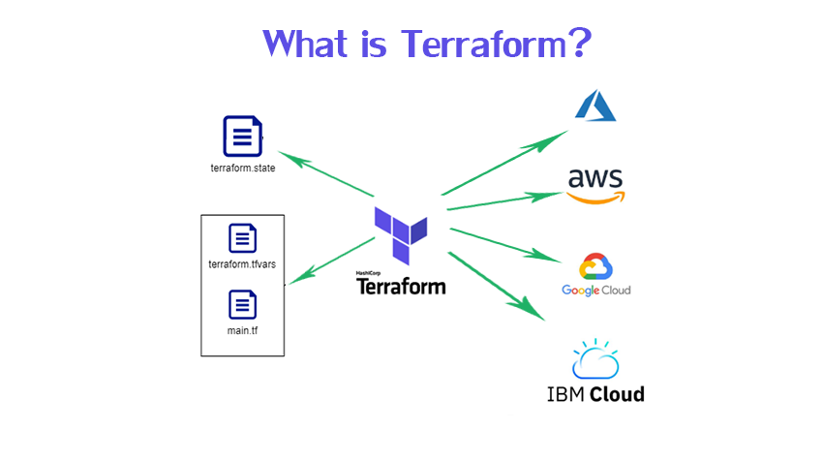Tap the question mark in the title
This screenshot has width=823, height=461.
point(577,44)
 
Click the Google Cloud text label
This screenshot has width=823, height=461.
point(595,291)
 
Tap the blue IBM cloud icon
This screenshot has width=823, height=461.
point(594,358)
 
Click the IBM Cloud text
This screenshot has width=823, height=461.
point(594,393)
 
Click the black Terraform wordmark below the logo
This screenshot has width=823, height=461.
point(401,287)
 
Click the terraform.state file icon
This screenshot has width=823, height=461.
point(242,136)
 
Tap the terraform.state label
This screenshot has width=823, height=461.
point(243,168)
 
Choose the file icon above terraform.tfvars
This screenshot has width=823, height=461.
point(242,237)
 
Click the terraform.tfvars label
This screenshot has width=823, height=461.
point(242,263)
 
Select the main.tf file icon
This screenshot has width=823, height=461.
point(242,305)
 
